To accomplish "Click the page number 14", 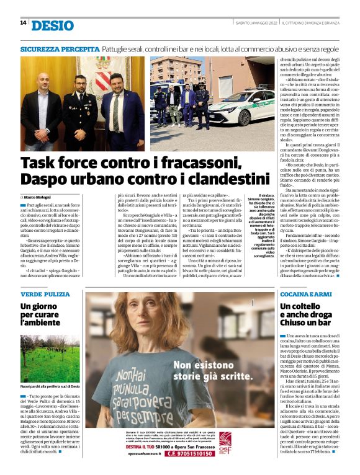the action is click(x=23, y=24).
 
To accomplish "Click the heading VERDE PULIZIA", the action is click(x=44, y=293).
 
